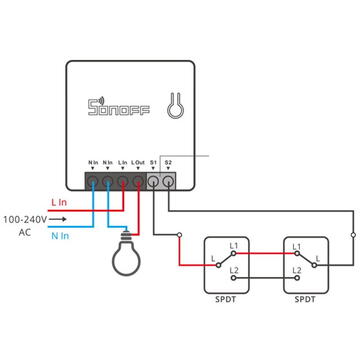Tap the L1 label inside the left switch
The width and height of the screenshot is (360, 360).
[x=234, y=246]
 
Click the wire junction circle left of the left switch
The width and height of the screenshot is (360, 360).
[x=179, y=236]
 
